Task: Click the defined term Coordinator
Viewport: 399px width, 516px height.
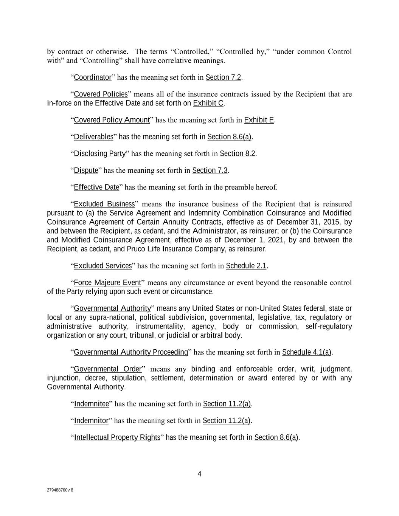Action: pyautogui.click(x=92, y=77)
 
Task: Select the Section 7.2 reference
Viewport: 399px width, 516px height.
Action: pyautogui.click(x=223, y=77)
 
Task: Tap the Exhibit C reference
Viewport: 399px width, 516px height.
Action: pyautogui.click(x=208, y=103)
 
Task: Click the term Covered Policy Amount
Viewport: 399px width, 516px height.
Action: pyautogui.click(x=112, y=120)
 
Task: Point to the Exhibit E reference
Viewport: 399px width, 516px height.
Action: pyautogui.click(x=259, y=120)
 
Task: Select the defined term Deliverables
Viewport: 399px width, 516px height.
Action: pyautogui.click(x=93, y=137)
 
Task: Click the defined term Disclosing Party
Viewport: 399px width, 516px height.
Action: pyautogui.click(x=99, y=153)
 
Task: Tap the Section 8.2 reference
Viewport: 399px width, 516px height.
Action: pyautogui.click(x=238, y=153)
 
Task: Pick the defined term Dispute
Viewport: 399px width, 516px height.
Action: pyautogui.click(x=86, y=170)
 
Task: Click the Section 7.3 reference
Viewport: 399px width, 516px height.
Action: pyautogui.click(x=210, y=170)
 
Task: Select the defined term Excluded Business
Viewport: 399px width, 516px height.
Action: pyautogui.click(x=104, y=204)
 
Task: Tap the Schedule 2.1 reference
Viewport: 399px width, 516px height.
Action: pyautogui.click(x=246, y=266)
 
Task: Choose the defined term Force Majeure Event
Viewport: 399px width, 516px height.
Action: pyautogui.click(x=107, y=283)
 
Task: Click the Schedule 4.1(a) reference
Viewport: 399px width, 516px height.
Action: pyautogui.click(x=307, y=352)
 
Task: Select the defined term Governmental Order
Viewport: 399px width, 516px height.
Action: pyautogui.click(x=107, y=369)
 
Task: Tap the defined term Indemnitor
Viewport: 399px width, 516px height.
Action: pyautogui.click(x=91, y=421)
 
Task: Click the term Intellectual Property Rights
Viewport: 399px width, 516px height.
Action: pyautogui.click(x=117, y=438)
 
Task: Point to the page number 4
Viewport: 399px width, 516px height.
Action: pyautogui.click(x=199, y=474)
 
